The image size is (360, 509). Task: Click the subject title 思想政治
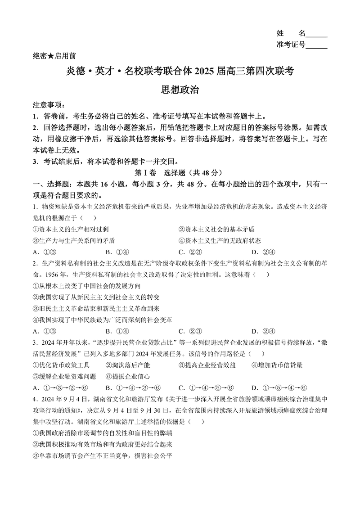click(x=180, y=90)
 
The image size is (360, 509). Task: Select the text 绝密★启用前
click(x=54, y=56)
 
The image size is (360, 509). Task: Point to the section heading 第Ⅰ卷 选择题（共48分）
click(x=179, y=172)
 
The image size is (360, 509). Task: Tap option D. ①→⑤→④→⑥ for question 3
click(x=279, y=388)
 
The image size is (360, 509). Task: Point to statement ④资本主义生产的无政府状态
click(x=220, y=241)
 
